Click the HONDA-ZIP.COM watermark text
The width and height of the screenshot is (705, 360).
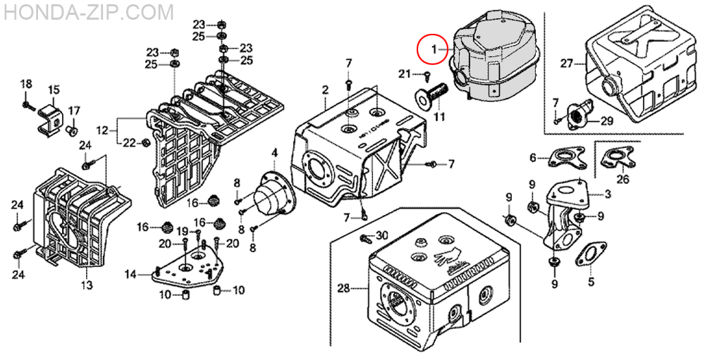(87, 13)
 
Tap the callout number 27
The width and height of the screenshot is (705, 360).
(567, 64)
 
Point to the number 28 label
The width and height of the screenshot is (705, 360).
(343, 288)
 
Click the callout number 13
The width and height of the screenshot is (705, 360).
(87, 285)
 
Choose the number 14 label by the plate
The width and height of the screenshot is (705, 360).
(130, 273)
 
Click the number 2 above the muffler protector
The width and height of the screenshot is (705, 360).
(325, 89)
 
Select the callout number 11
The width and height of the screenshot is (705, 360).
(439, 118)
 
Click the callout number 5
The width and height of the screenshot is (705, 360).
(591, 282)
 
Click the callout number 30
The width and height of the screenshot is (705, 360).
(381, 235)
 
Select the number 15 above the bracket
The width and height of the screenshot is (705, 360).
(54, 90)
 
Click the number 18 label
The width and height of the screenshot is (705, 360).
(26, 84)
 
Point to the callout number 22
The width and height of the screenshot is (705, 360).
(130, 143)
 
